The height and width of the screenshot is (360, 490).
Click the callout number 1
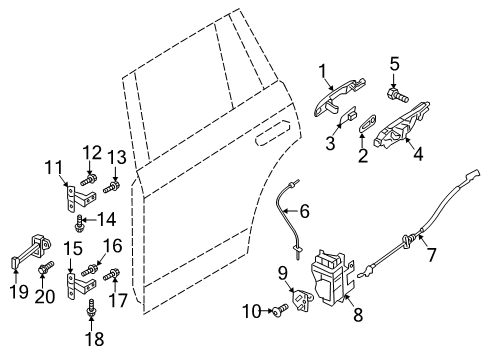[322, 71]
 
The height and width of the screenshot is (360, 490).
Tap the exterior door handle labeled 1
[338, 97]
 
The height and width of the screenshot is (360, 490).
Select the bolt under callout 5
[398, 95]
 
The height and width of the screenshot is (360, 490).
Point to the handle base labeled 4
[402, 125]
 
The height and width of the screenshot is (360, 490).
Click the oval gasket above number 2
[368, 123]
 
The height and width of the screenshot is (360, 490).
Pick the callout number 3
[330, 143]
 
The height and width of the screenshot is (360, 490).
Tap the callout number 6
[304, 211]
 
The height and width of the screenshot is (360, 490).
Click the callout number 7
[431, 255]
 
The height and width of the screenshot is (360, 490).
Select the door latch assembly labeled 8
[332, 277]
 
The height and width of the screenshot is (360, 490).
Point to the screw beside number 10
[279, 310]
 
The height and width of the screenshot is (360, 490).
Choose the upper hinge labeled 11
[79, 199]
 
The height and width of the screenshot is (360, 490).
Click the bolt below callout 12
[88, 181]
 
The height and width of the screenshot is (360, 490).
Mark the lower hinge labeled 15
[79, 286]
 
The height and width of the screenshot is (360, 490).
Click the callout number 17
[118, 300]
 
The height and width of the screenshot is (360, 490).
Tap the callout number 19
[19, 291]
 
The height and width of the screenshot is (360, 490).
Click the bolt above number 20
[46, 267]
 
